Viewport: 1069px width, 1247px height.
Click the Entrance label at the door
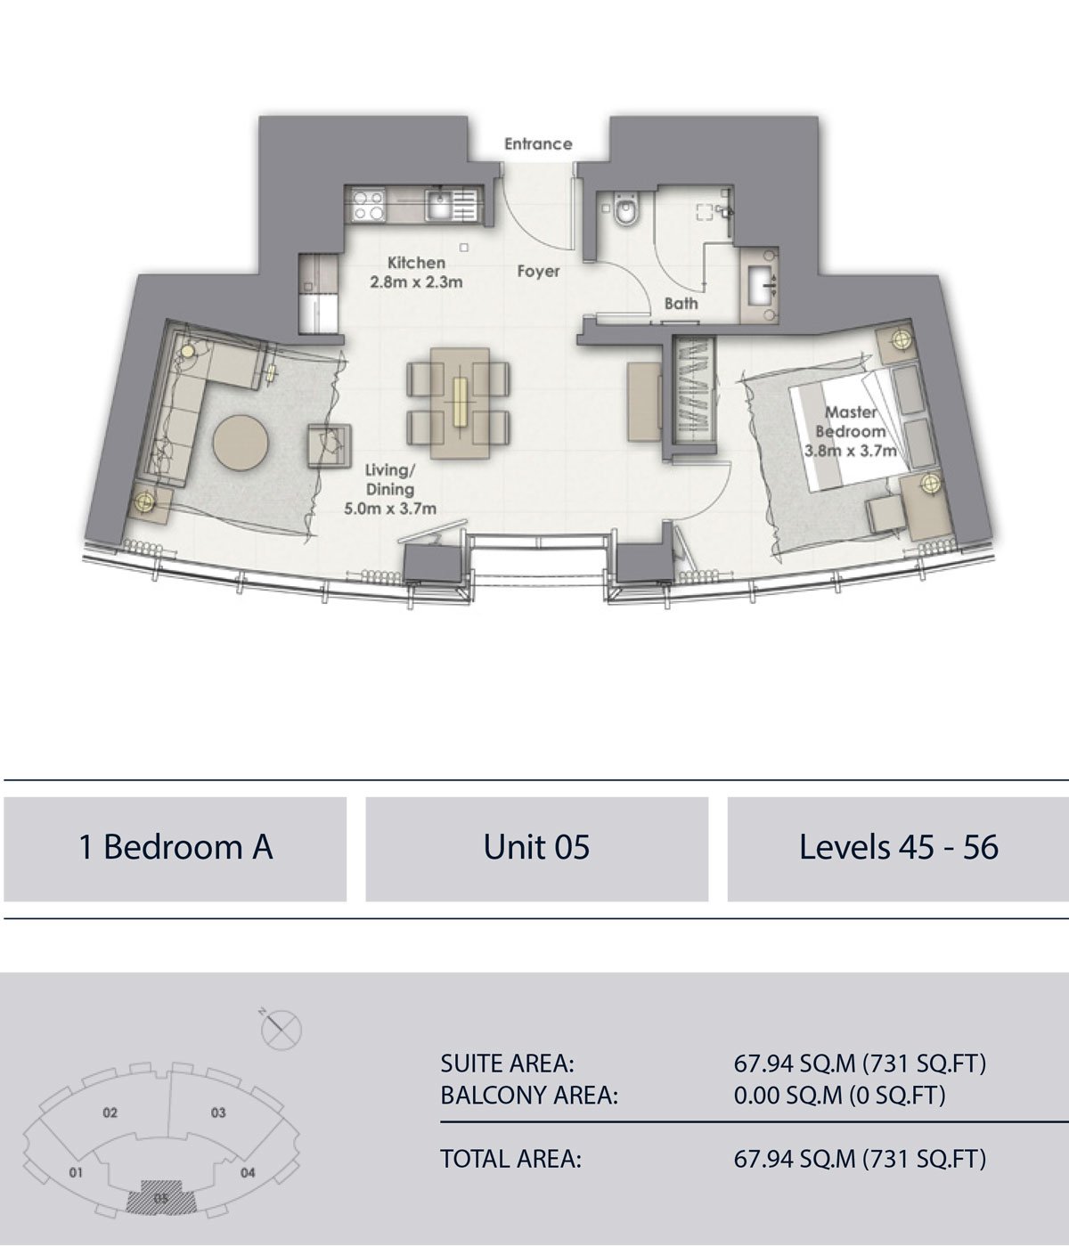pyautogui.click(x=538, y=144)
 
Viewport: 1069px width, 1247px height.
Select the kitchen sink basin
pyautogui.click(x=437, y=205)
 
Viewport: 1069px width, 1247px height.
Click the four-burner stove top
pyautogui.click(x=369, y=205)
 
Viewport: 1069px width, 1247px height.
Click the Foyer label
pyautogui.click(x=538, y=272)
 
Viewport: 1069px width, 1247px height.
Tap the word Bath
pyautogui.click(x=681, y=304)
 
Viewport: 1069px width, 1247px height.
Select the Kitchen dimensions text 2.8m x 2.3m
pyautogui.click(x=416, y=281)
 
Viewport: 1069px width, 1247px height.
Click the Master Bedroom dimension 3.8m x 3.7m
pyautogui.click(x=850, y=451)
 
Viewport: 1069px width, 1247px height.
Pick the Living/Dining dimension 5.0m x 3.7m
pyautogui.click(x=389, y=509)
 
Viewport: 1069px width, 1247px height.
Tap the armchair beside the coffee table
pyautogui.click(x=330, y=446)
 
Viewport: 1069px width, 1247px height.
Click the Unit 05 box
pyautogui.click(x=537, y=849)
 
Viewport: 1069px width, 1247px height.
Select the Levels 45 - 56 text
pyautogui.click(x=899, y=847)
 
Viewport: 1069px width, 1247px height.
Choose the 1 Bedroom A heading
pyautogui.click(x=175, y=847)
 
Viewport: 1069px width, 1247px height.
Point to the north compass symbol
pyautogui.click(x=281, y=1029)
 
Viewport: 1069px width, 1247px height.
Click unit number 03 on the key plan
pyautogui.click(x=218, y=1113)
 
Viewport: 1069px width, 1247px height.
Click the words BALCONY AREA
pyautogui.click(x=529, y=1095)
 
